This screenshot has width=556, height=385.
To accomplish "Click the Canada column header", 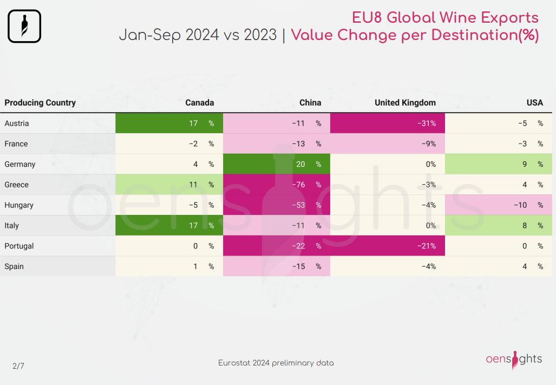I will (x=199, y=102).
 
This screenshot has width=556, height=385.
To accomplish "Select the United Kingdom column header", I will (x=405, y=102).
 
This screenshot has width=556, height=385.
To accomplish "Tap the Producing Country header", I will (x=40, y=102).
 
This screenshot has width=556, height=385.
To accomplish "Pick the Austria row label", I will (x=17, y=123).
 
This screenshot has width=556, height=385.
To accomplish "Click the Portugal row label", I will (x=19, y=246).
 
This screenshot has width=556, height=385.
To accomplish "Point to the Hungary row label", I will (x=19, y=205).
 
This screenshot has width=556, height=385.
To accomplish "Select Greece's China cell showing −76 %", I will (x=276, y=185).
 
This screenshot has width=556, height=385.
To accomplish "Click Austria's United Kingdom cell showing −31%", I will (x=387, y=123).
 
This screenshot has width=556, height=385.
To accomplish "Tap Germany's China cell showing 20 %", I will (x=276, y=164).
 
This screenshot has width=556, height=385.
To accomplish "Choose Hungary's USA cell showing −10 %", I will (x=498, y=205).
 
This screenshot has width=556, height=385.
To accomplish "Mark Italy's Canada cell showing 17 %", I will (x=169, y=225).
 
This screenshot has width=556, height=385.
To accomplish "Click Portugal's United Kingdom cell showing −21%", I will (x=387, y=246).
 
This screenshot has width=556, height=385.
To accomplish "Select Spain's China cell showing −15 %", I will (x=276, y=266).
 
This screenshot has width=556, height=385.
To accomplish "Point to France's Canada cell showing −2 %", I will (x=169, y=144).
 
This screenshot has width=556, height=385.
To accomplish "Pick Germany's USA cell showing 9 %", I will (x=498, y=164).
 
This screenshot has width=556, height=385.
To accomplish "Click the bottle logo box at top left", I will (x=24, y=26).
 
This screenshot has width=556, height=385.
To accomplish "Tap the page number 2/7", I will (x=18, y=366).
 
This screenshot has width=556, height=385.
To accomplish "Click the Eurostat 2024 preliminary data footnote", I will (x=276, y=363).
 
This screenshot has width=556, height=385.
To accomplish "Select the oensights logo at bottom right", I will (x=513, y=360).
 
